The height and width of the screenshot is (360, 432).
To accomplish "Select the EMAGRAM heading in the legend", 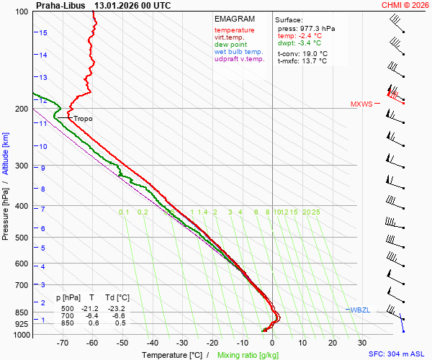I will click(234, 19).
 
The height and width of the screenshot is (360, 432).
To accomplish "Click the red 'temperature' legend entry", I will click(234, 30).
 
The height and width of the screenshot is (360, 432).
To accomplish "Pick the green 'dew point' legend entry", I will click(230, 45).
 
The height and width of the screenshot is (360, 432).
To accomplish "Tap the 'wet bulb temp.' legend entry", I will click(239, 52).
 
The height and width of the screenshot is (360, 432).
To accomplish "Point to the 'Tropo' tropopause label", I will click(83, 119).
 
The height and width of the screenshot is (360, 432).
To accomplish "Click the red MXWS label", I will click(361, 104).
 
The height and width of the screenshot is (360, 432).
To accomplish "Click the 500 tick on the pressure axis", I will click(22, 238).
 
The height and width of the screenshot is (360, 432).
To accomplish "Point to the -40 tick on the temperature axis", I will click(152, 343).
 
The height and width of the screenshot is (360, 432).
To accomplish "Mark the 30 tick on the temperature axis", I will click(362, 343).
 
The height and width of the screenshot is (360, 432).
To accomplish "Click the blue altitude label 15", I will click(43, 33).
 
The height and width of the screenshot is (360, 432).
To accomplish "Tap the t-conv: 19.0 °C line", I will click(302, 53).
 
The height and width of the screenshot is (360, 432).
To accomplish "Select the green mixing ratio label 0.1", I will click(123, 212).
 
